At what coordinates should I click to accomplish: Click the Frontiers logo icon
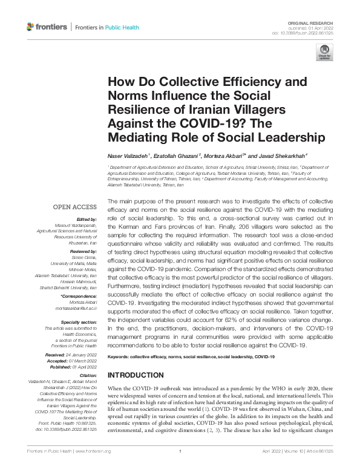[x=31, y=27]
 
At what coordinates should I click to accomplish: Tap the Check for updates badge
[x=325, y=53]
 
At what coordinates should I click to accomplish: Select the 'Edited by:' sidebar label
[x=86, y=220]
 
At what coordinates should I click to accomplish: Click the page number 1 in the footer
[x=180, y=451]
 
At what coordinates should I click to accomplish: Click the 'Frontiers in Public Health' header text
[x=106, y=27]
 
